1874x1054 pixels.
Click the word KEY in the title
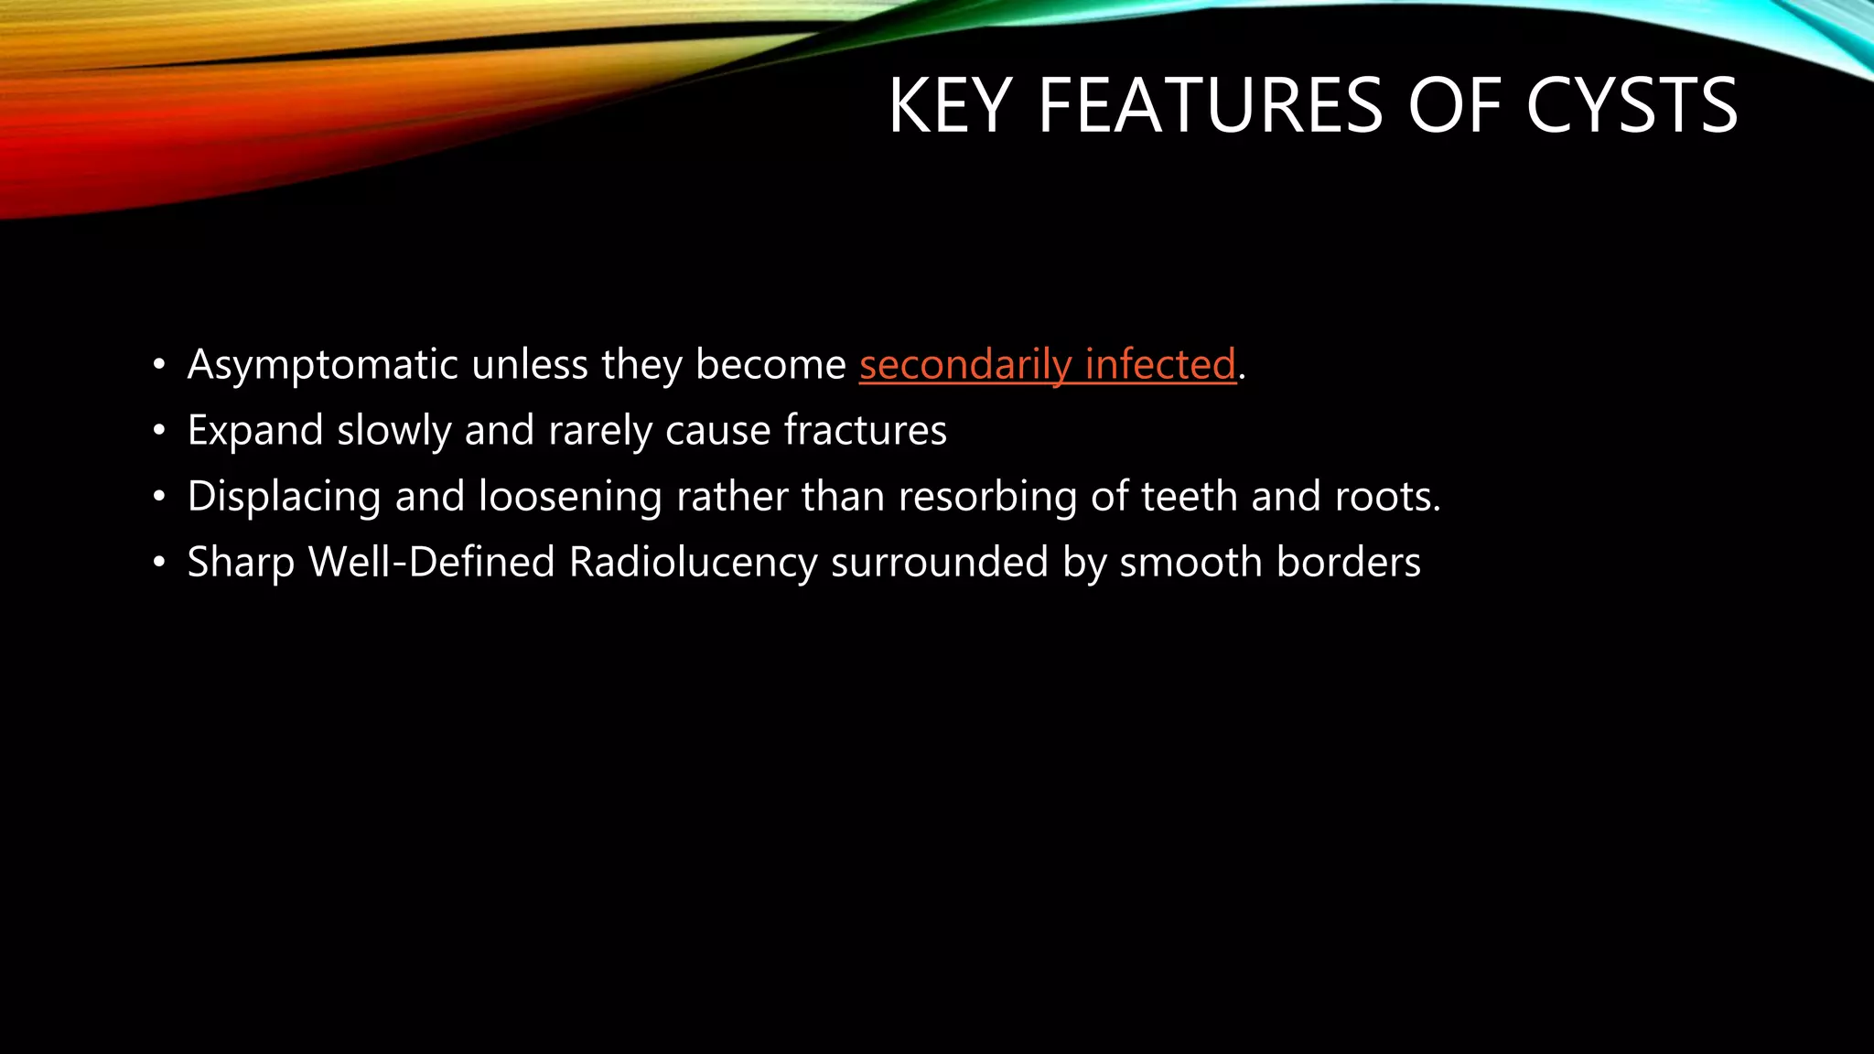950,106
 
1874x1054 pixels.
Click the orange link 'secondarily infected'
1047,364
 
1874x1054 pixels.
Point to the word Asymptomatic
322,365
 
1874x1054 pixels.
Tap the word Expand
255,431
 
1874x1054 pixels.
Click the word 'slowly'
393,431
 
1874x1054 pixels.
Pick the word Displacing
284,497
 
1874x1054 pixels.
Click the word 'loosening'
570,497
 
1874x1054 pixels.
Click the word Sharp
241,563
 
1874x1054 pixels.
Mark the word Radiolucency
693,563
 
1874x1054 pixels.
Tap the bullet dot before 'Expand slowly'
160,431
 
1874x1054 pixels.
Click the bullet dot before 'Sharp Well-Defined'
160,563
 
